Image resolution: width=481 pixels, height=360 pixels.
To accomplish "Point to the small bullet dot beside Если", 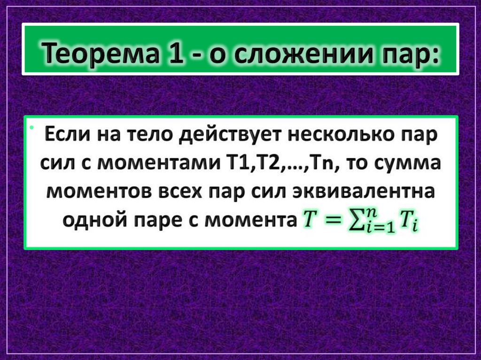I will (x=31, y=128).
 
